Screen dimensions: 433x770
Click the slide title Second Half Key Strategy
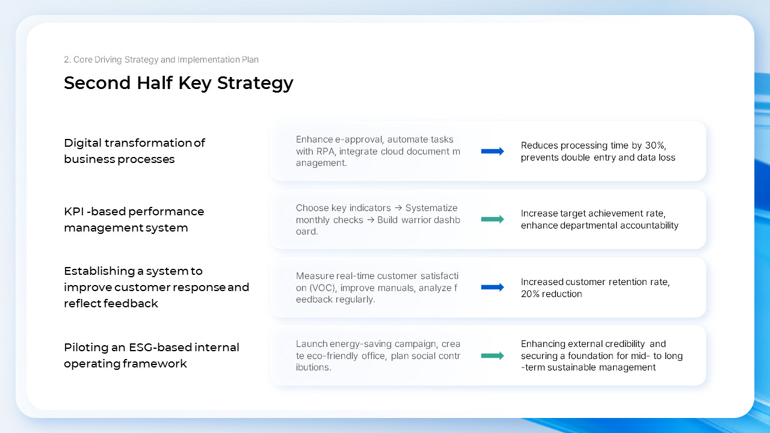click(179, 83)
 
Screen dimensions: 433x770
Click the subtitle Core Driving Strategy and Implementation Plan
click(161, 60)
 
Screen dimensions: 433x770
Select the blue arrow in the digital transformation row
click(493, 152)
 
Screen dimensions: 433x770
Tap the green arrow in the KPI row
click(493, 220)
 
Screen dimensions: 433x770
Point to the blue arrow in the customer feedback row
click(493, 287)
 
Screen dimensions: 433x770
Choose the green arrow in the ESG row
click(493, 355)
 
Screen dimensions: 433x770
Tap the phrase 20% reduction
click(551, 293)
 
